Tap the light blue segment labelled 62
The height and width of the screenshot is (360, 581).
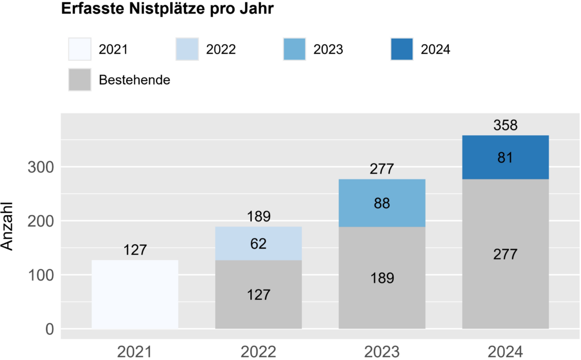coord(258,244)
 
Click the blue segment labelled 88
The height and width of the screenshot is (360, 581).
coord(382,203)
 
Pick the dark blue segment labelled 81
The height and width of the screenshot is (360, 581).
coord(506,157)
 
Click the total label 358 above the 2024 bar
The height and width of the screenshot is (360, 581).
coord(506,125)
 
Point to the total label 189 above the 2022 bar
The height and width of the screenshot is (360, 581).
coord(258,216)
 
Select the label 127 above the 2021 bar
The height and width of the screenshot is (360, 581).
coord(135,250)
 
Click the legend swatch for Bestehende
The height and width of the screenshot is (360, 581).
coord(79,79)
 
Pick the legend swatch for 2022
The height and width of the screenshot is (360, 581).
coord(187,49)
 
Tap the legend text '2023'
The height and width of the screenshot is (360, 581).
coord(328,49)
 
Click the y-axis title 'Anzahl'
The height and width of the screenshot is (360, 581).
coord(9,227)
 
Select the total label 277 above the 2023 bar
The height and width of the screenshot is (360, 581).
coord(382,169)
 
